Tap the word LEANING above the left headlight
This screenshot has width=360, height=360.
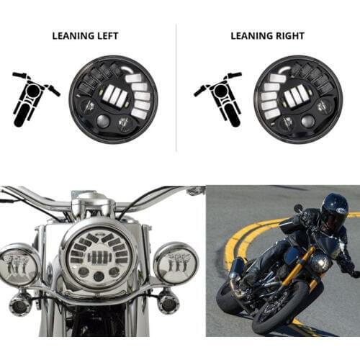71,35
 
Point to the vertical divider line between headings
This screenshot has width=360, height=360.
176,86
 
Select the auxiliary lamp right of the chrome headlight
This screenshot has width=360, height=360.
176,264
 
